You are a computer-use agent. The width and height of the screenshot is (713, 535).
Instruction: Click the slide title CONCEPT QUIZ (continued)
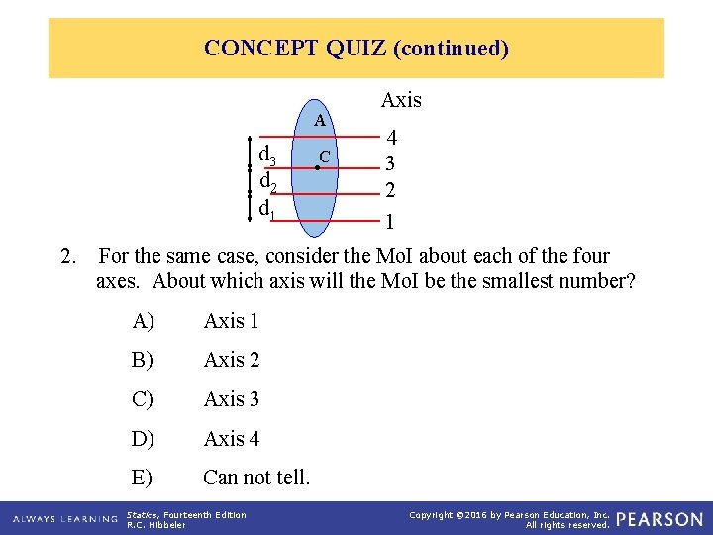pyautogui.click(x=356, y=48)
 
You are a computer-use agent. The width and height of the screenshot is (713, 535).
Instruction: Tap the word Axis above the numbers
pyautogui.click(x=401, y=100)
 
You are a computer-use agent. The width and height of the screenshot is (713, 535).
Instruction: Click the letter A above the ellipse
pyautogui.click(x=320, y=121)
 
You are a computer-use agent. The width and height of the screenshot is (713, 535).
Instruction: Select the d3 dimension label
pyautogui.click(x=267, y=156)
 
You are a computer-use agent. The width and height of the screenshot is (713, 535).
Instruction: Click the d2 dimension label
pyautogui.click(x=267, y=182)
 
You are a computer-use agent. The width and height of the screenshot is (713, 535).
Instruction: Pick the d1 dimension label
pyautogui.click(x=267, y=209)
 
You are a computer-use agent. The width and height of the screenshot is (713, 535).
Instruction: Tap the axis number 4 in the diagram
pyautogui.click(x=392, y=139)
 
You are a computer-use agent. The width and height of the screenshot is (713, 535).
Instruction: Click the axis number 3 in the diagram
pyautogui.click(x=391, y=164)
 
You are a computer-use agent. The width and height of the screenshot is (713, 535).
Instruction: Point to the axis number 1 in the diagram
pyautogui.click(x=390, y=221)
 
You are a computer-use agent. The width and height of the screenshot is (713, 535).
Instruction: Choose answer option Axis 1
pyautogui.click(x=231, y=321)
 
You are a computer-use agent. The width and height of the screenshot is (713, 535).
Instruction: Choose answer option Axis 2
pyautogui.click(x=231, y=360)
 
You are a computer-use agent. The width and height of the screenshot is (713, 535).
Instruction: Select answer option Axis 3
pyautogui.click(x=231, y=399)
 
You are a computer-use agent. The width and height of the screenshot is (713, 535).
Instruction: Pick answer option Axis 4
pyautogui.click(x=231, y=438)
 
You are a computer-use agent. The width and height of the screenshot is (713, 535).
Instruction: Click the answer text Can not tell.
pyautogui.click(x=256, y=478)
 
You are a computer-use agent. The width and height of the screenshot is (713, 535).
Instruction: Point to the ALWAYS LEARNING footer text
pyautogui.click(x=65, y=519)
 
